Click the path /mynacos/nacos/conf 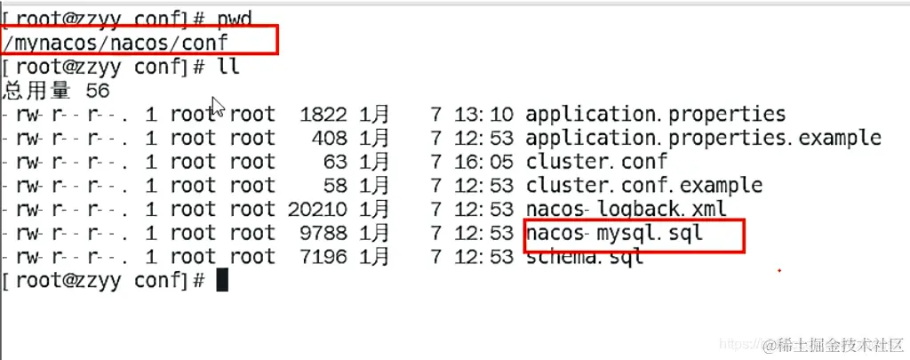tap(115, 42)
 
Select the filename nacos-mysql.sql tap(614, 233)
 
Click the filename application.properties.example tap(704, 138)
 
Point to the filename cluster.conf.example tap(643, 185)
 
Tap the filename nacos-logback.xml tap(627, 209)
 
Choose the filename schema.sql tap(585, 256)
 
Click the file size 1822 tap(323, 115)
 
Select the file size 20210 tap(317, 209)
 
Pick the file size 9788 tap(323, 233)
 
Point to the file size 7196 tap(323, 257)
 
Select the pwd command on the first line tap(235, 20)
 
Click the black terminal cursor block tap(221, 281)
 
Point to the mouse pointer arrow tap(218, 108)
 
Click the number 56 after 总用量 tap(98, 91)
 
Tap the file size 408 tap(330, 138)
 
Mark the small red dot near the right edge tap(778, 270)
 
